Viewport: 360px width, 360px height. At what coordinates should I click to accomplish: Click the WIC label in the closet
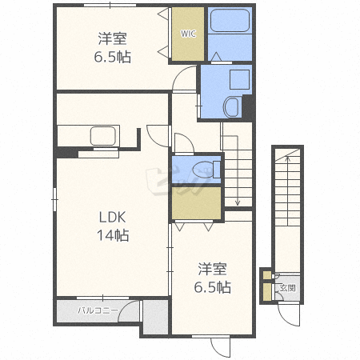[188, 34]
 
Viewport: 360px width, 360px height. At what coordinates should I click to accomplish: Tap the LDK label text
[112, 218]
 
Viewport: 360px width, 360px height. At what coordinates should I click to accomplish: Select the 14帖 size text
[113, 235]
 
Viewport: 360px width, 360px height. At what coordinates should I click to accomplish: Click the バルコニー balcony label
[98, 310]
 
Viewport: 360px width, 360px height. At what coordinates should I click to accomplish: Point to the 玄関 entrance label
[288, 288]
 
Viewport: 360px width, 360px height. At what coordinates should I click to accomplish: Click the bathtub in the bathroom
[230, 20]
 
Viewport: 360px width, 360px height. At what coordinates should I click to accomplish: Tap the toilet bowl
[203, 170]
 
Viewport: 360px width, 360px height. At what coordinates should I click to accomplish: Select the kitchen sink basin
[103, 136]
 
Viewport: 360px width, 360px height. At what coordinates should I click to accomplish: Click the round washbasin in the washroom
[231, 107]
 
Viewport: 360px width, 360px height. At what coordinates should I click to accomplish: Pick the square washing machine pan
[240, 79]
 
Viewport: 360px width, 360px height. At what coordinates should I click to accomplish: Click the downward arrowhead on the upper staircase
[238, 202]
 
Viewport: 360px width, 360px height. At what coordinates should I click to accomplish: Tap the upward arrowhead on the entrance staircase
[287, 158]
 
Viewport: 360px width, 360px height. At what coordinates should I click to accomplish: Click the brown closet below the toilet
[197, 203]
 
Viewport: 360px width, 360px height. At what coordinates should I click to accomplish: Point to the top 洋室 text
[112, 38]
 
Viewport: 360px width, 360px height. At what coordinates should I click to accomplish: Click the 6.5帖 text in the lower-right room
[212, 287]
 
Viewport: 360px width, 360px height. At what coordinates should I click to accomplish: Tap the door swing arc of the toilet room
[188, 138]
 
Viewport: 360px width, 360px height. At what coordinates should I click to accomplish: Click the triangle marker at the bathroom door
[216, 56]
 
